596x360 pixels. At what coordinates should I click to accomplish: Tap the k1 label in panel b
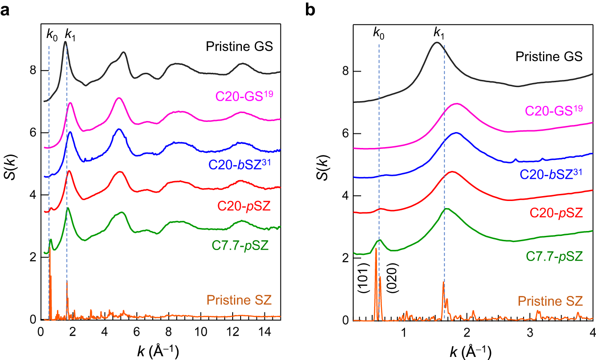[439, 32]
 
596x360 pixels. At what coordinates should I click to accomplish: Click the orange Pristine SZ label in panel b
[550, 301]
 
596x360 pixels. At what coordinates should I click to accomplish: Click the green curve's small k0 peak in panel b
[379, 240]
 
